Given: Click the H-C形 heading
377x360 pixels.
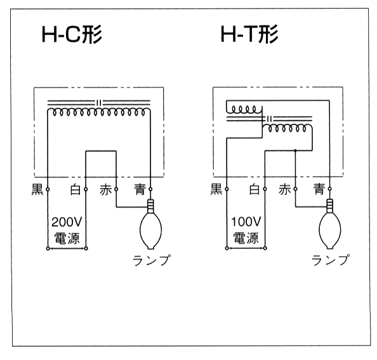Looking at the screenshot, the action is tap(72, 34).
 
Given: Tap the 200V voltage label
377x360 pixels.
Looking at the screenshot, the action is tap(67, 222).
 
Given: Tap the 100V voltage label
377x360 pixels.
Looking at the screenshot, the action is tap(246, 222).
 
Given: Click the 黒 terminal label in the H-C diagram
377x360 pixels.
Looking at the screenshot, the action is tap(37, 189).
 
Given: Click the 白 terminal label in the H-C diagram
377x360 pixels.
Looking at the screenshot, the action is tap(76, 189).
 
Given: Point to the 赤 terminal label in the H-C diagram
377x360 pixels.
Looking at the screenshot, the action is tap(106, 189).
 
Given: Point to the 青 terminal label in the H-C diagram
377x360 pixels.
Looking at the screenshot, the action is tap(140, 189).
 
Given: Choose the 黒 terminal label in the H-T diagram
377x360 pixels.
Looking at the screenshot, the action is tap(216, 189).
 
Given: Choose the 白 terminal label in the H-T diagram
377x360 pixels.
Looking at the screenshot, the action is tap(255, 189).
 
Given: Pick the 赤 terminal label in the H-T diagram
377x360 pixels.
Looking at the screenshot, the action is tap(285, 189).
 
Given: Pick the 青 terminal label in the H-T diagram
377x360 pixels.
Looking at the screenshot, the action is tap(319, 189).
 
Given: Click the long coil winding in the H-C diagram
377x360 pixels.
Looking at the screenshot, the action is tap(98, 112).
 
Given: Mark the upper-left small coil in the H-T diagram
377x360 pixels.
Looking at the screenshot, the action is tap(244, 110).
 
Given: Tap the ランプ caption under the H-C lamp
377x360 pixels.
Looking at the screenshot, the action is tap(152, 260).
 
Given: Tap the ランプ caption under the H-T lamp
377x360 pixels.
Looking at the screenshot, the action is tap(331, 260).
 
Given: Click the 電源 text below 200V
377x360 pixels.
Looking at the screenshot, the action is tap(67, 238).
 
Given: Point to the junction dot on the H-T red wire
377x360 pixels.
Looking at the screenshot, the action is tap(296, 150).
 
